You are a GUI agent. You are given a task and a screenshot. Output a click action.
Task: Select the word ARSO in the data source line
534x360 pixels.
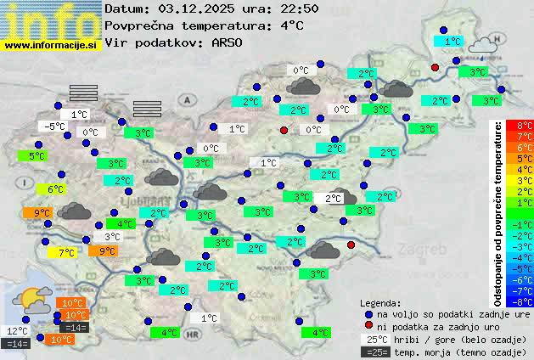[230, 42]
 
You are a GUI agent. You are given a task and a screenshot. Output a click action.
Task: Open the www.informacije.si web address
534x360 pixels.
[51, 44]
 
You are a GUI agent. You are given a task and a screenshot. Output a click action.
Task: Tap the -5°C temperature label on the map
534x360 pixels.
[54, 127]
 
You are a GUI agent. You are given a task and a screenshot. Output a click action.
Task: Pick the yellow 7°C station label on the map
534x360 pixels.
[66, 252]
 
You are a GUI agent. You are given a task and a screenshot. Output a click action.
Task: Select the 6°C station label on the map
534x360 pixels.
[55, 189]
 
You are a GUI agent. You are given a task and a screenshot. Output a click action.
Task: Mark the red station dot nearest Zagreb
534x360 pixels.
[350, 245]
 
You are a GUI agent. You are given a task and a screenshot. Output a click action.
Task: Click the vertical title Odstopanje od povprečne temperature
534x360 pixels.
[498, 212]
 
